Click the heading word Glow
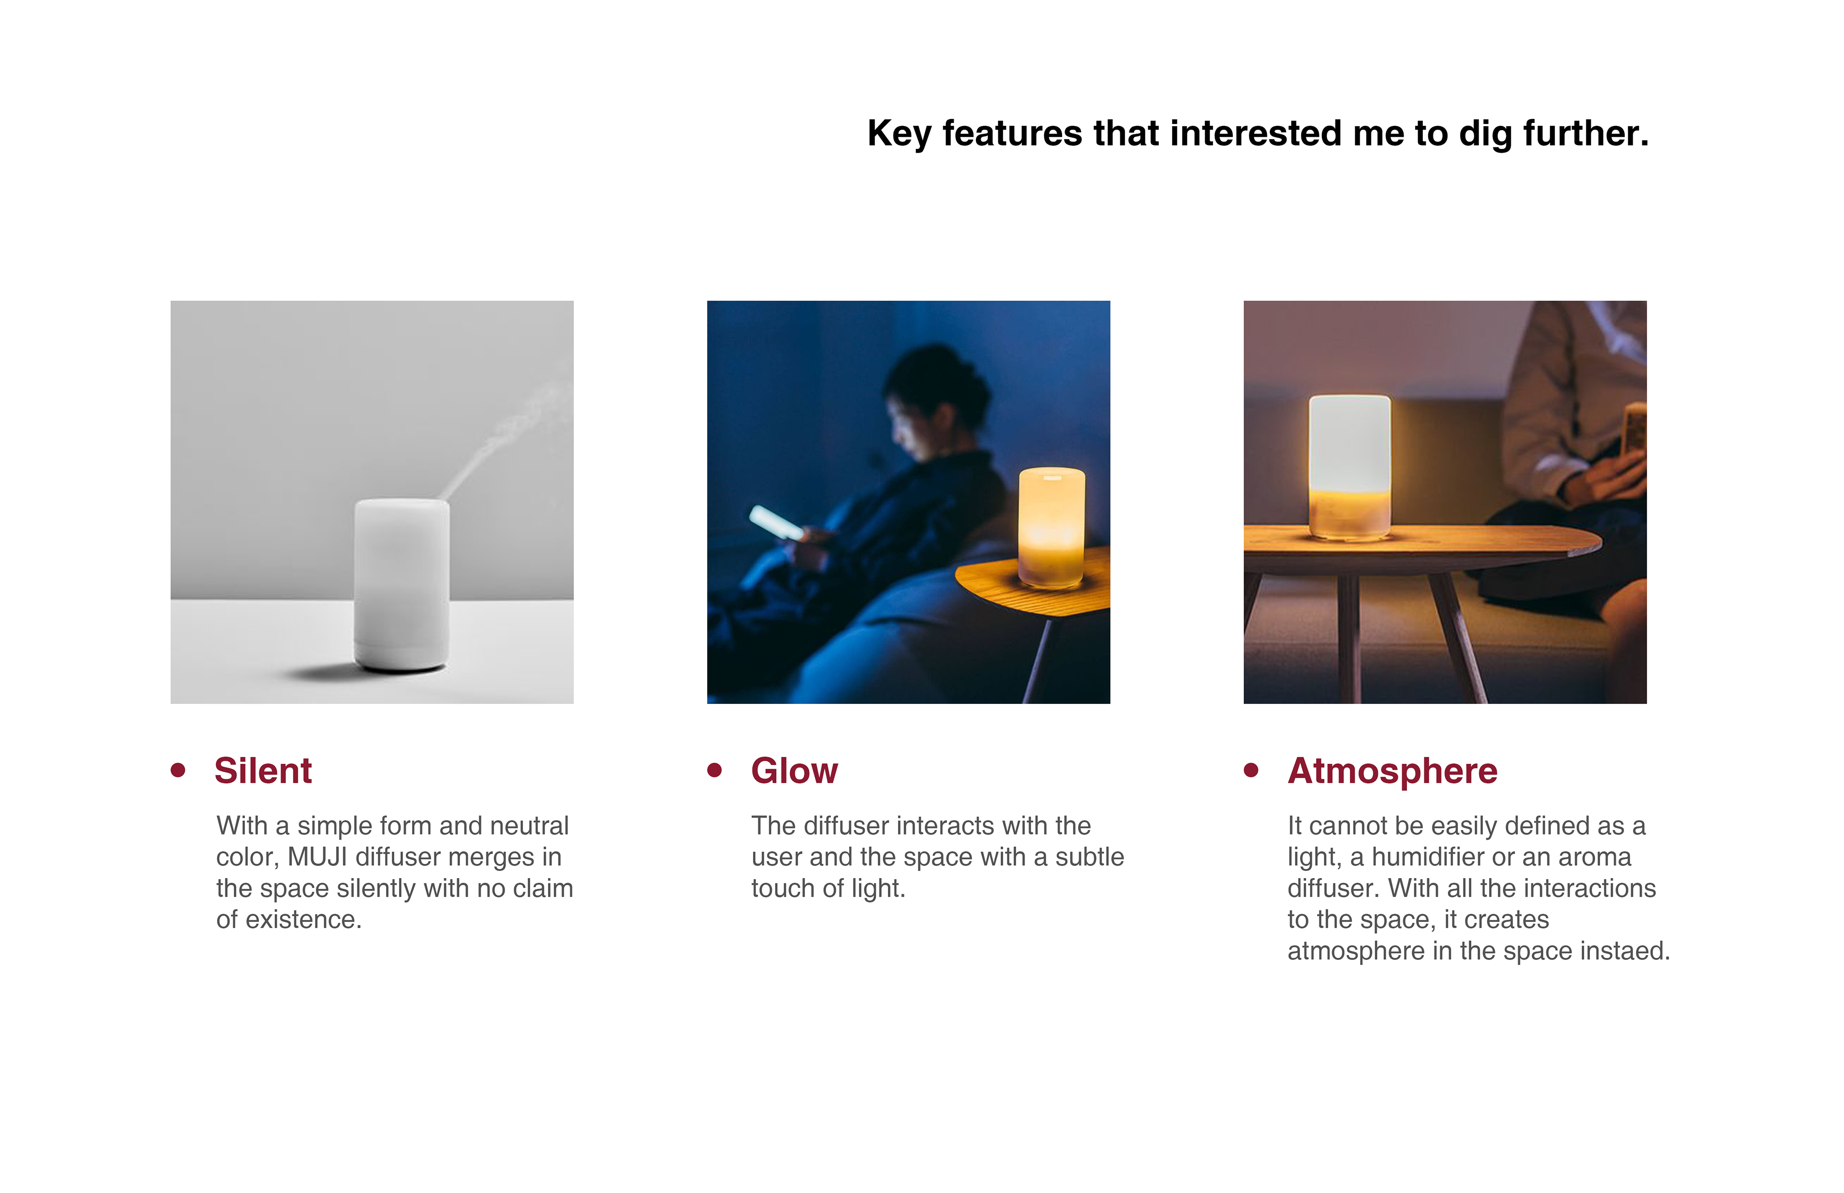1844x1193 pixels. [x=794, y=771]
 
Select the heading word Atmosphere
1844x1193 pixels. [x=1392, y=771]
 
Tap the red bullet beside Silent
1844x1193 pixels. [x=178, y=770]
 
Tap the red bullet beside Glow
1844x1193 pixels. [x=715, y=770]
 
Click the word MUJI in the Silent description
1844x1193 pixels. [x=318, y=857]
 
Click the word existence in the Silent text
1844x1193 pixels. [x=303, y=919]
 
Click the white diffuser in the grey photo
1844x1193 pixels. [x=401, y=585]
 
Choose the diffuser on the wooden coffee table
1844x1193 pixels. [x=1350, y=467]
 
